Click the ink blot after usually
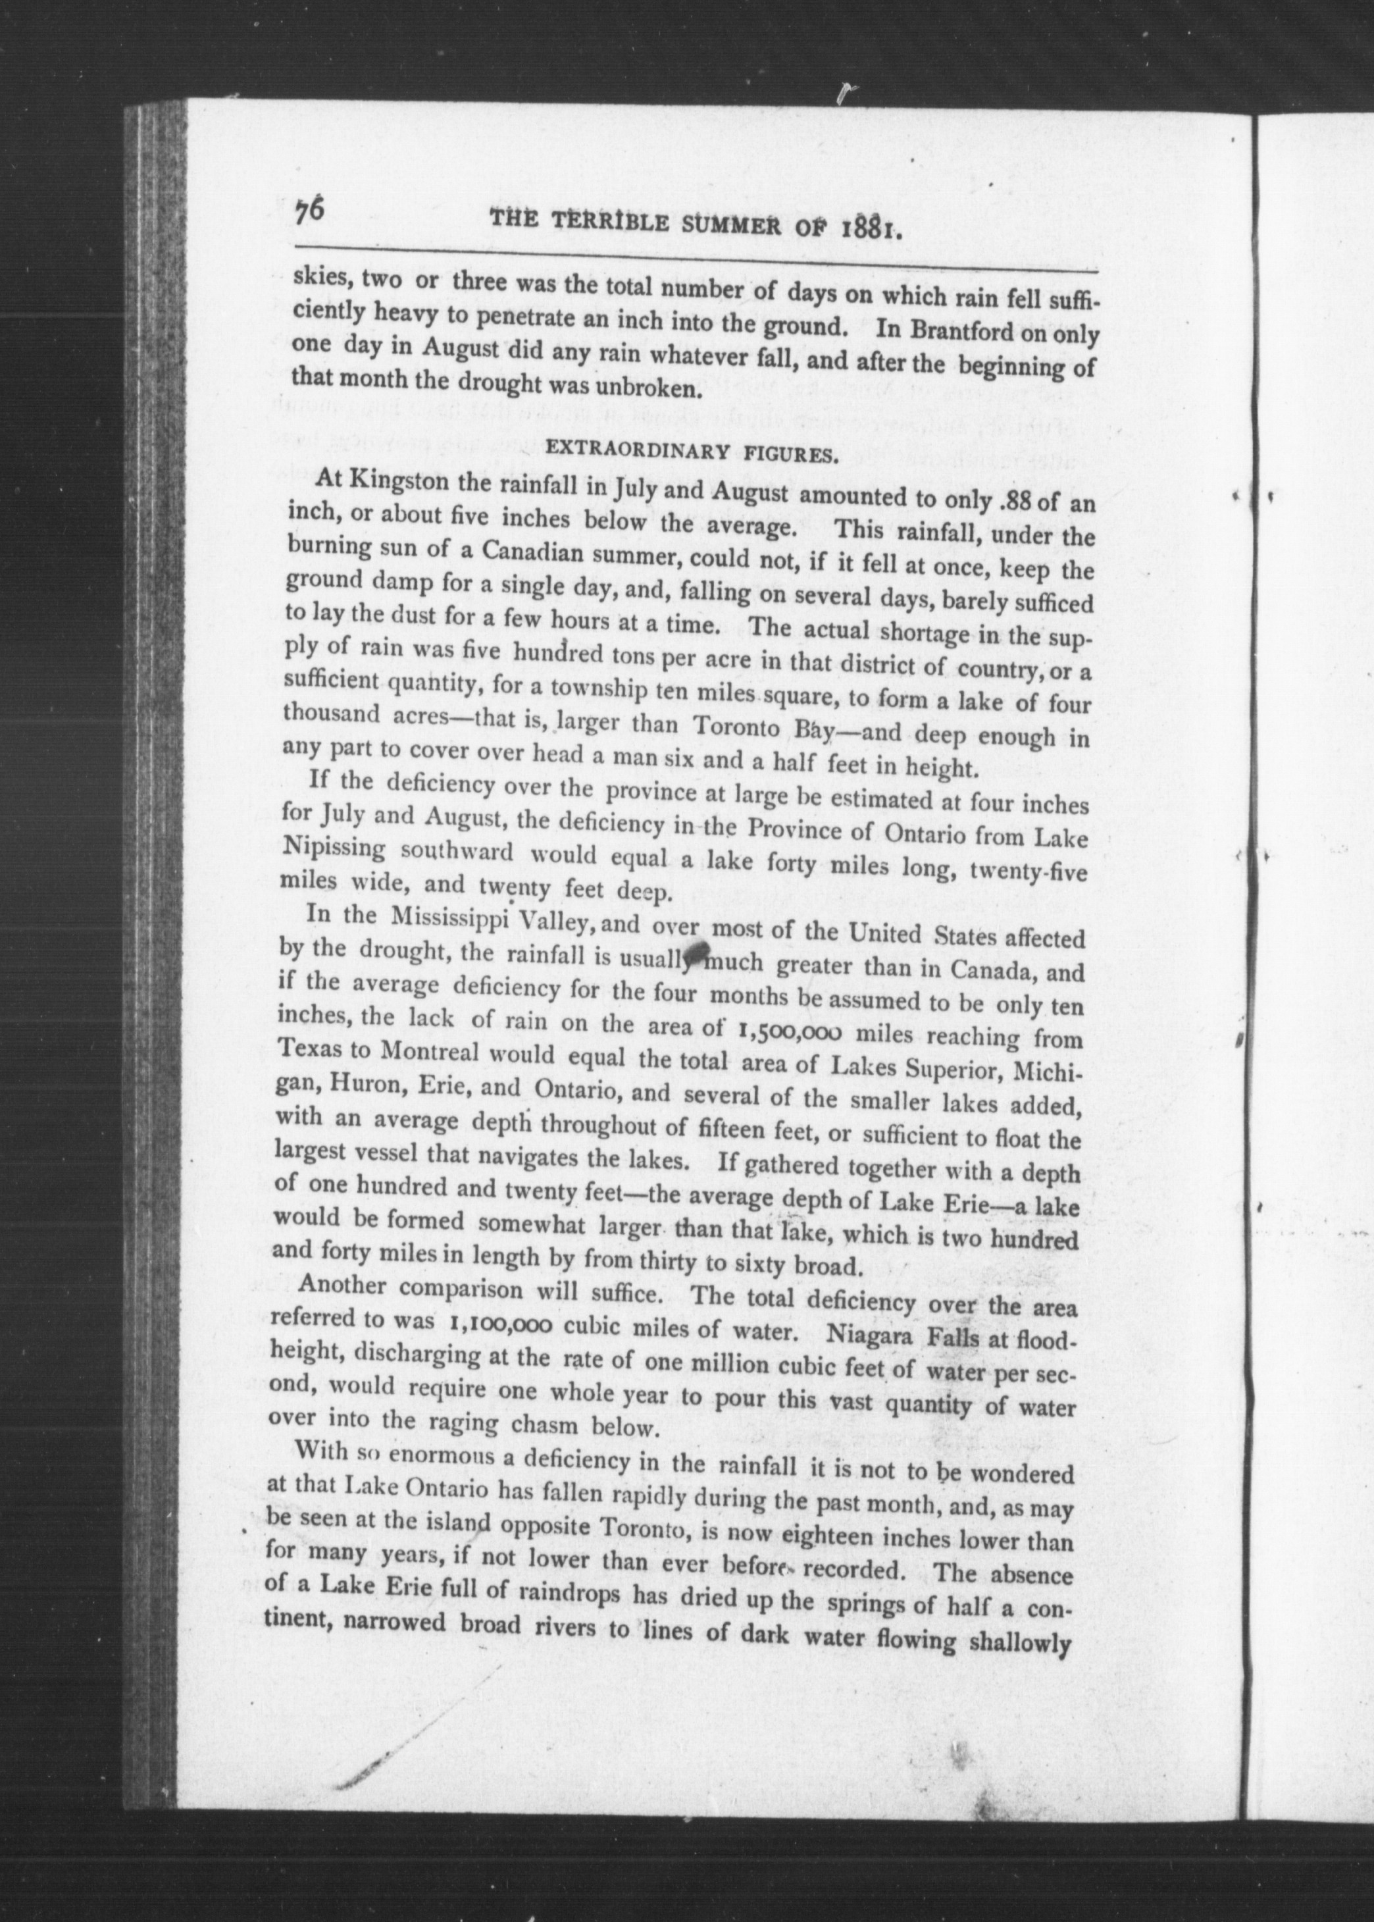697,951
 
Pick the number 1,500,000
800,1031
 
